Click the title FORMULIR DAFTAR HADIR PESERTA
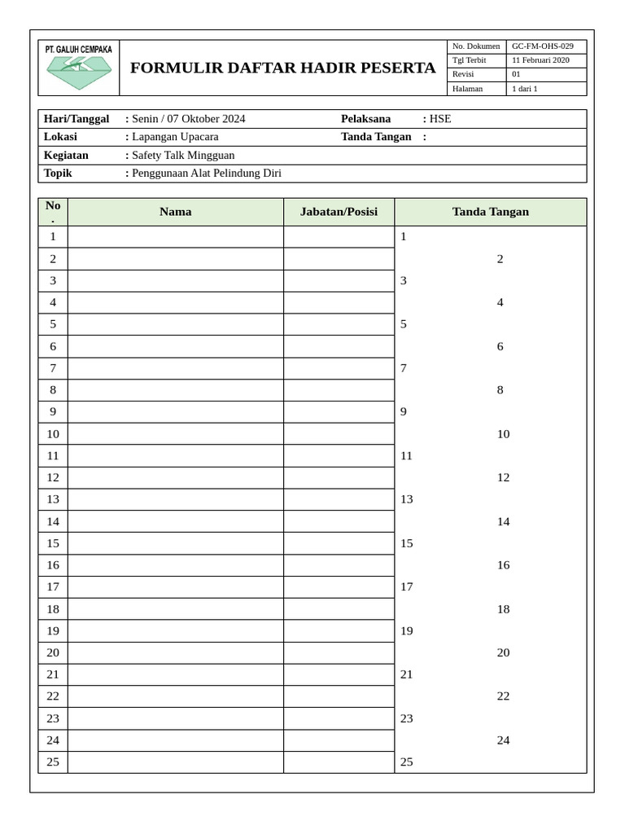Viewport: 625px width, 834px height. tap(282, 68)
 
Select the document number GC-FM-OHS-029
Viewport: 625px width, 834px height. tap(542, 46)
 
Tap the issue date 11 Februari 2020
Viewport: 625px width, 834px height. tap(540, 60)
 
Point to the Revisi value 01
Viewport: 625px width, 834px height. tap(516, 74)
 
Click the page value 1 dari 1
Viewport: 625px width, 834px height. tap(524, 89)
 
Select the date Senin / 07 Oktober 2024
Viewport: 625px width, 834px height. tap(188, 119)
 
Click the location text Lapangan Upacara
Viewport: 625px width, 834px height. tap(175, 137)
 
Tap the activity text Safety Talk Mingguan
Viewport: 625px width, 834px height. tap(183, 155)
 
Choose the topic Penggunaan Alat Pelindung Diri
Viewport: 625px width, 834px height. tap(206, 173)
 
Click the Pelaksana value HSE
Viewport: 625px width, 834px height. tap(440, 119)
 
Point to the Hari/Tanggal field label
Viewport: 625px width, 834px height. tap(76, 119)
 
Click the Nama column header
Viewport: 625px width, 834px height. tap(176, 212)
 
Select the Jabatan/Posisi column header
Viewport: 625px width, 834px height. tap(339, 212)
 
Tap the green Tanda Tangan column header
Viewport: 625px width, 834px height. tap(490, 212)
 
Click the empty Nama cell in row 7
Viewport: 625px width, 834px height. tap(176, 368)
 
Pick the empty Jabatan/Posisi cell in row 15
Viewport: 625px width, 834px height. tap(339, 543)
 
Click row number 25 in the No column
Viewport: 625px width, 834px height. tap(53, 762)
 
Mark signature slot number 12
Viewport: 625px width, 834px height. tap(503, 477)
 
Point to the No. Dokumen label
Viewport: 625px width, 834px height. tap(476, 46)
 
